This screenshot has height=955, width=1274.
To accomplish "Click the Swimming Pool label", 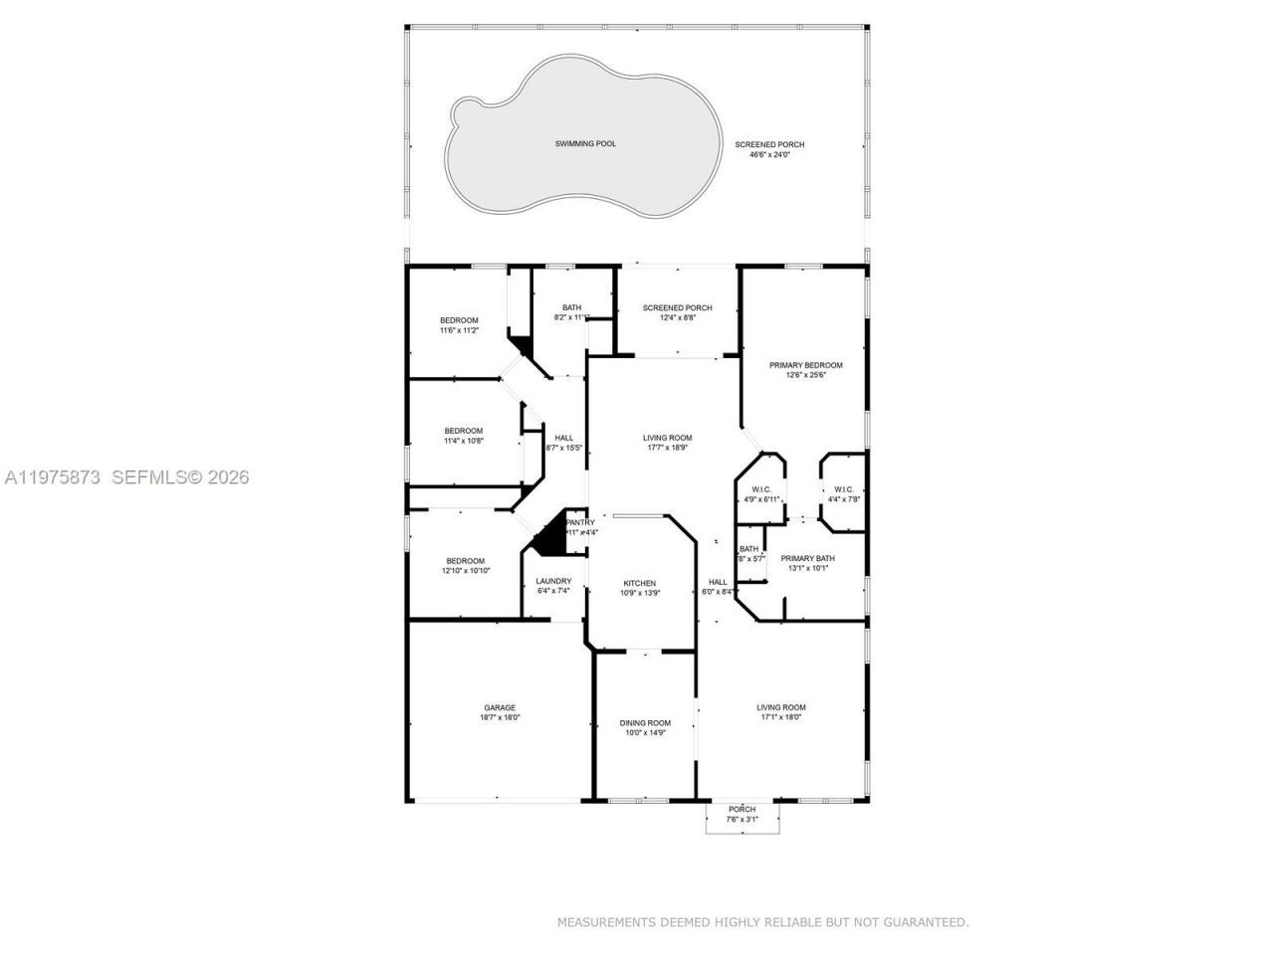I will click(585, 144).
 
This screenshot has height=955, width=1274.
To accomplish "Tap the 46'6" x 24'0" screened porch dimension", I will click(769, 155).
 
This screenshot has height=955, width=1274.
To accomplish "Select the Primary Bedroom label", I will click(805, 365).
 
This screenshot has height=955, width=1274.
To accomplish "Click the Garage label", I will click(500, 708).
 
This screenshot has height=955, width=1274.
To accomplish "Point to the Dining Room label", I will click(645, 723).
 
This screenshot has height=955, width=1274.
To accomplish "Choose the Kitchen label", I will click(639, 583).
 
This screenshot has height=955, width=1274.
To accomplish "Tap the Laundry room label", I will click(553, 581).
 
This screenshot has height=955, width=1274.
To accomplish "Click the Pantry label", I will click(580, 522).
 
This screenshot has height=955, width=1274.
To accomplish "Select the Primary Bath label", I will click(807, 558).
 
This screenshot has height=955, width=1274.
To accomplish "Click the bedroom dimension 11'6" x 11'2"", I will click(459, 330).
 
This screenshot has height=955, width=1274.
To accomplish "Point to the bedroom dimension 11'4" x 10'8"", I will click(463, 441).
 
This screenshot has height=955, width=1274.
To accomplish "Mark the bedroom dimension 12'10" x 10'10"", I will click(465, 571).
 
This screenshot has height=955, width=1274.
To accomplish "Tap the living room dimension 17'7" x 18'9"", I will click(667, 448).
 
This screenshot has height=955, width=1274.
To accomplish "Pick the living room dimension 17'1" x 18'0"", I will click(780, 717).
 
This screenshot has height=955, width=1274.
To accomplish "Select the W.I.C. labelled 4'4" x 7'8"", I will click(843, 499).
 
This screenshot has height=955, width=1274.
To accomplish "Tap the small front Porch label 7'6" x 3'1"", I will click(742, 819).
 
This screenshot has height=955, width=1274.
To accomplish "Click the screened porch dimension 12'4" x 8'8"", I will click(677, 318).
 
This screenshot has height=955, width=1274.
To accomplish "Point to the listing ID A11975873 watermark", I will click(53, 477).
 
